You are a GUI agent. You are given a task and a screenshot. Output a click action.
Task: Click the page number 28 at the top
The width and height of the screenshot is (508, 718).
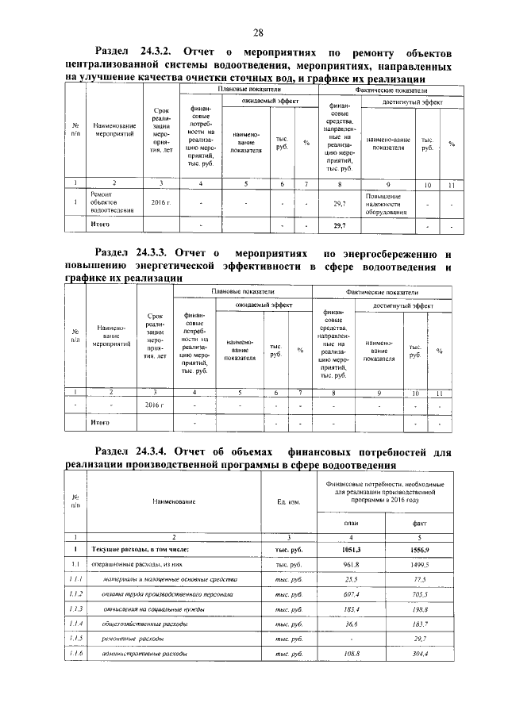coord(258,33)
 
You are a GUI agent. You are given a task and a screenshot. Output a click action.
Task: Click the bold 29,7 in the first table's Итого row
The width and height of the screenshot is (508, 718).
coord(340,226)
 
